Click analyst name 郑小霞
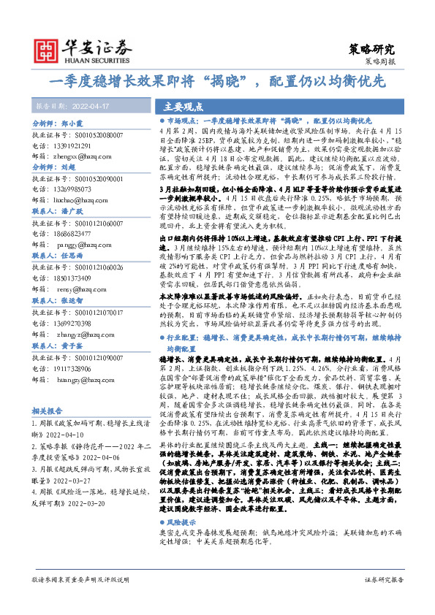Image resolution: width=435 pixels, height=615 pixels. click(74, 125)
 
